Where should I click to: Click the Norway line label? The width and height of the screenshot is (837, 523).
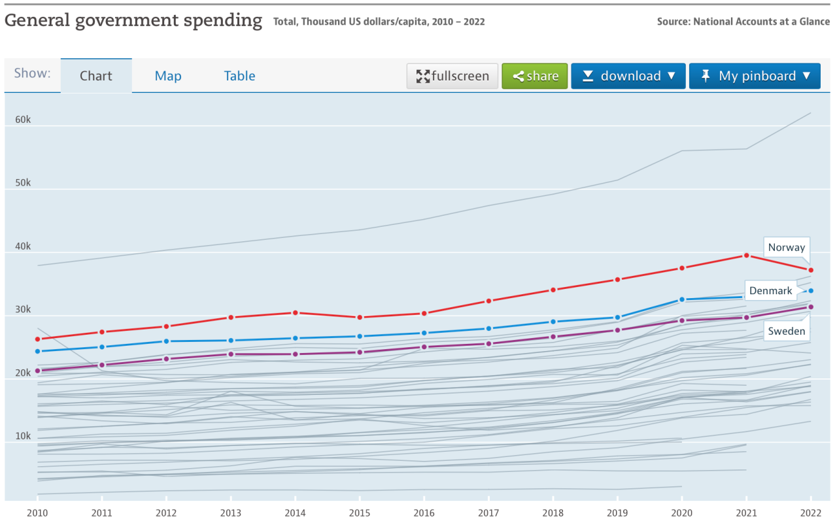click(x=786, y=248)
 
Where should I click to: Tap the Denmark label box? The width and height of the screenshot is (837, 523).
click(x=770, y=291)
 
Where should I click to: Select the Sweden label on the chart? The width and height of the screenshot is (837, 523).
click(x=786, y=331)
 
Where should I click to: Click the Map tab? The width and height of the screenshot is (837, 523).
click(x=168, y=76)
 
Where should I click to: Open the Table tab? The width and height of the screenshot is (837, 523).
click(x=239, y=76)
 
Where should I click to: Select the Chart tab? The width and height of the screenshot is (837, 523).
click(x=96, y=76)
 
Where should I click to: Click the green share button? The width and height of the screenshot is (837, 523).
click(x=535, y=76)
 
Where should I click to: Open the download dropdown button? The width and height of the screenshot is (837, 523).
click(x=628, y=76)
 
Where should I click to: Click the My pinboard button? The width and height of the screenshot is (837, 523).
click(x=754, y=76)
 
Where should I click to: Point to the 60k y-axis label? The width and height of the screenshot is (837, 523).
click(x=23, y=120)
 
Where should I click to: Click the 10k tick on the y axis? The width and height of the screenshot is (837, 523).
click(x=23, y=437)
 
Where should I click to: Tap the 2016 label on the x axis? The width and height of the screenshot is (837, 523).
click(x=424, y=513)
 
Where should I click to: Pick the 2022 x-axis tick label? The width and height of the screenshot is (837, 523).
click(x=811, y=513)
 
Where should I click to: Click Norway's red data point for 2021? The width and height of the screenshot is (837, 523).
click(x=746, y=256)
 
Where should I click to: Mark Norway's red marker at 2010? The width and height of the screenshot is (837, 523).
click(x=38, y=339)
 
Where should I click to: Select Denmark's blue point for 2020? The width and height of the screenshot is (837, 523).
click(x=682, y=299)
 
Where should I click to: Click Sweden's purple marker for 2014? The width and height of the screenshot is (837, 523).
click(x=296, y=354)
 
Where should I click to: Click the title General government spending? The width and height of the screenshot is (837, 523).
click(x=133, y=20)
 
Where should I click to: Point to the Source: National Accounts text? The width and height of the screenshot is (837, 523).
click(x=743, y=22)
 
